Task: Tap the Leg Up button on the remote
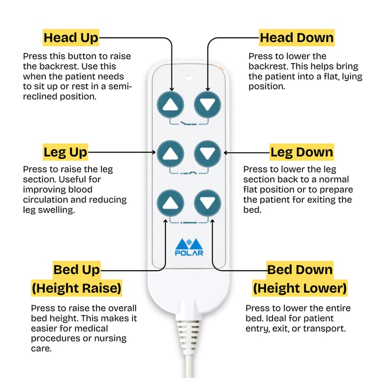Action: click(171, 154)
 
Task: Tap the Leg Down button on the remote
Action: click(207, 154)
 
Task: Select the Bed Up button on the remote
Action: click(171, 203)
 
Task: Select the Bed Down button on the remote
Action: click(207, 203)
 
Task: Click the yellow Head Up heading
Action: click(71, 38)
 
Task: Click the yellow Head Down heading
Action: click(297, 38)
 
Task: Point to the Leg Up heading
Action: click(65, 152)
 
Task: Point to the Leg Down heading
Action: click(301, 152)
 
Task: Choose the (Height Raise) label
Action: click(77, 288)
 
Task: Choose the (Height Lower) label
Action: click(300, 288)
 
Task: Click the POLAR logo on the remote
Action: click(189, 247)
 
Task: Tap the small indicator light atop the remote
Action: click(189, 78)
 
